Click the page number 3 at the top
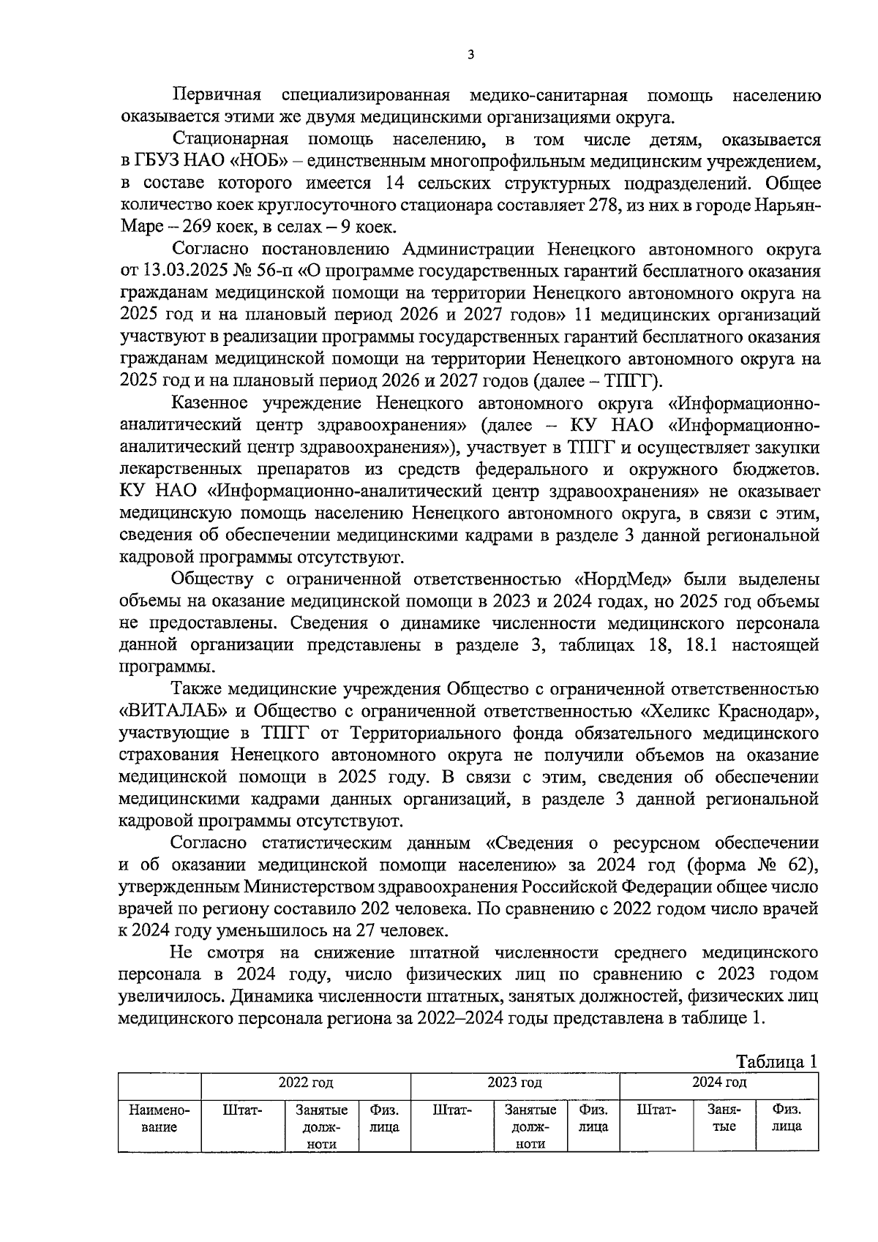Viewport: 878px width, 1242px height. coord(470,54)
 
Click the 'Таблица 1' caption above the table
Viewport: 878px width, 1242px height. coord(776,1061)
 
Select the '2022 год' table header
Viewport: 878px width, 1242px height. coord(305,1082)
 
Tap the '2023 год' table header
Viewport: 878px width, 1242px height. coord(514,1082)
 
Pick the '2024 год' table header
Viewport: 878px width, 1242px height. coord(719,1082)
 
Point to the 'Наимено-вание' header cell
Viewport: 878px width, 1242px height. coord(160,1118)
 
